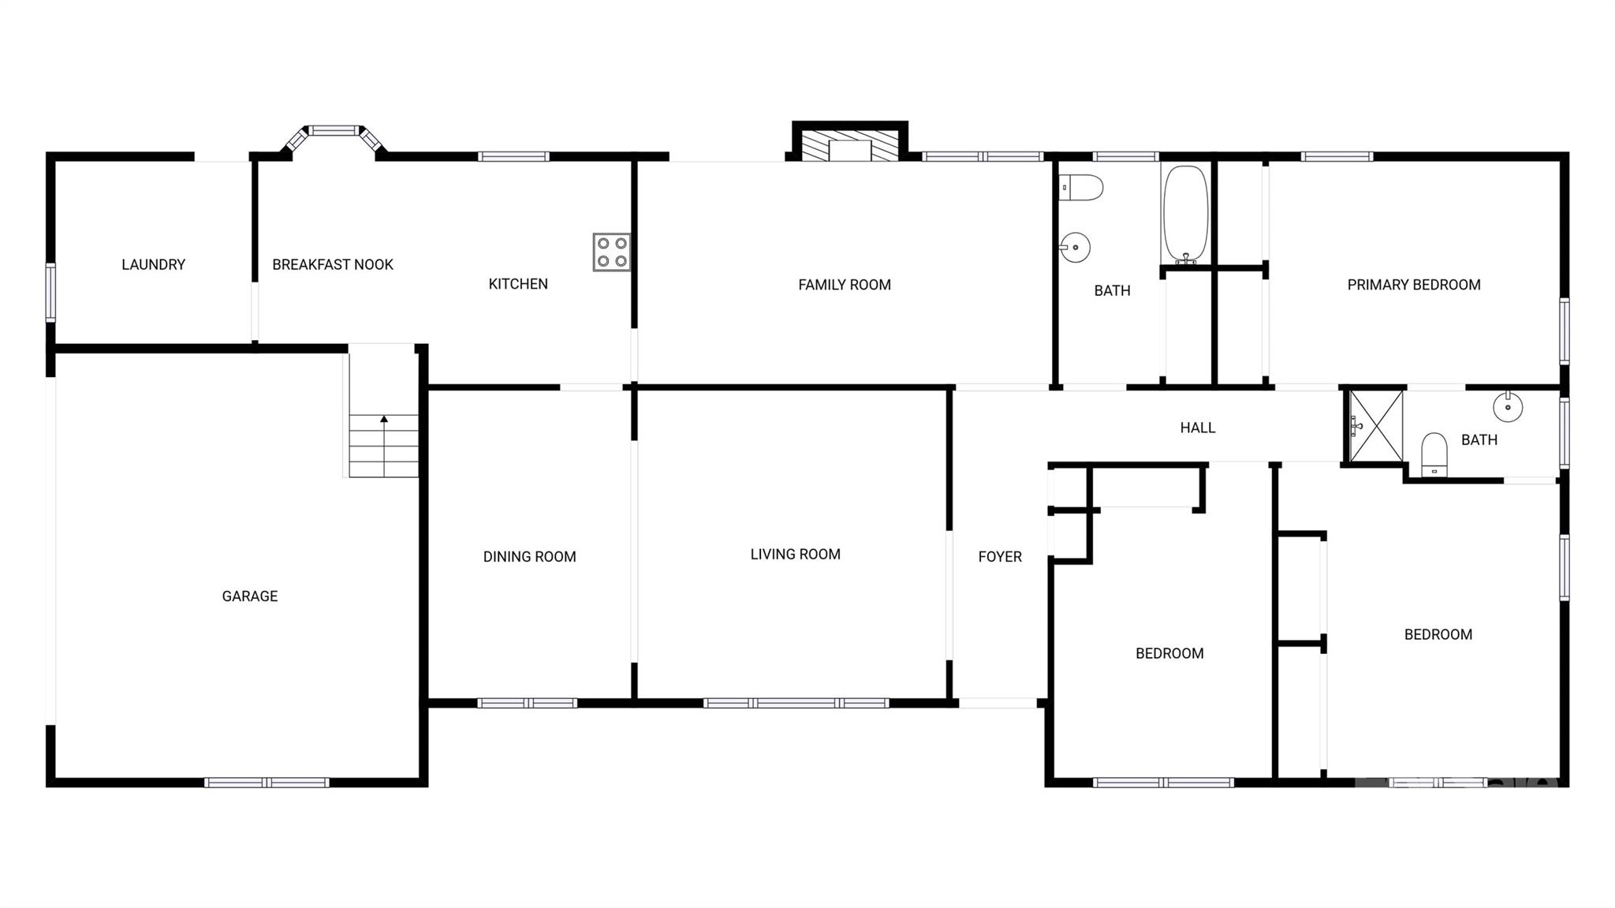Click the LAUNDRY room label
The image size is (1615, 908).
153,265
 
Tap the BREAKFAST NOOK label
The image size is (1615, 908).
333,265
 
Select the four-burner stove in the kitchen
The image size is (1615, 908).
612,252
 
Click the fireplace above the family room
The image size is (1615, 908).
849,146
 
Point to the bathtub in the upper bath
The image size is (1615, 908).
1184,214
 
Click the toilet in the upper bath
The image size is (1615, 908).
1081,188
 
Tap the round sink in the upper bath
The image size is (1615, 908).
1075,248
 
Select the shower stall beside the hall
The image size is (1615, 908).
1376,426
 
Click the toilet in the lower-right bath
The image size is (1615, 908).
1434,455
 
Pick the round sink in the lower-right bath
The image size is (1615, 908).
1508,407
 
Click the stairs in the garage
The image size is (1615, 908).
384,446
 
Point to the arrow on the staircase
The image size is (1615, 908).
384,420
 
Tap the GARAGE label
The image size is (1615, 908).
250,596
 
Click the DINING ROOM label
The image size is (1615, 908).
530,557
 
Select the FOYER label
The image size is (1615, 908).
1000,557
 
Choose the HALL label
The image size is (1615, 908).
1197,428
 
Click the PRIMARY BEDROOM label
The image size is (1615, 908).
1414,285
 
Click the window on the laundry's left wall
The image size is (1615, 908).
50,293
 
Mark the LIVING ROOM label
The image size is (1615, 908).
795,555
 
